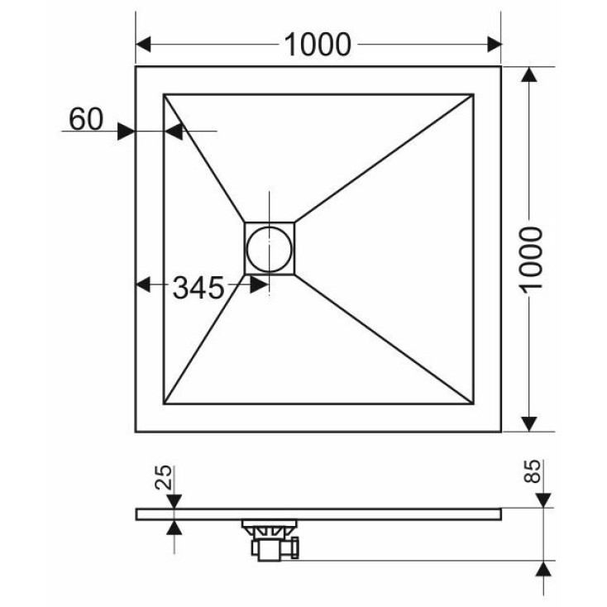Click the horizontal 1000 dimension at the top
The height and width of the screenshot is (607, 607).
coord(318,45)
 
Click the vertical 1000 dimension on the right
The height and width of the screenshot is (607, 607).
coord(531,259)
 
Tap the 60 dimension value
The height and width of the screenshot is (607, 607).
coord(86,119)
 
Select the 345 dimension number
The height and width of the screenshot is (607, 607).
coord(198,288)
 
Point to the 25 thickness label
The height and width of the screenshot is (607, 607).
coord(164,477)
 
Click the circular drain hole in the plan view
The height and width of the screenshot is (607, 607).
coord(269,249)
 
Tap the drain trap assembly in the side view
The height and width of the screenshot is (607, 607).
coord(270,540)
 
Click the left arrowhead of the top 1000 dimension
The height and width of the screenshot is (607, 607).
coord(143,45)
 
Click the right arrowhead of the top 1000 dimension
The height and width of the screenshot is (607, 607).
coord(495,45)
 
